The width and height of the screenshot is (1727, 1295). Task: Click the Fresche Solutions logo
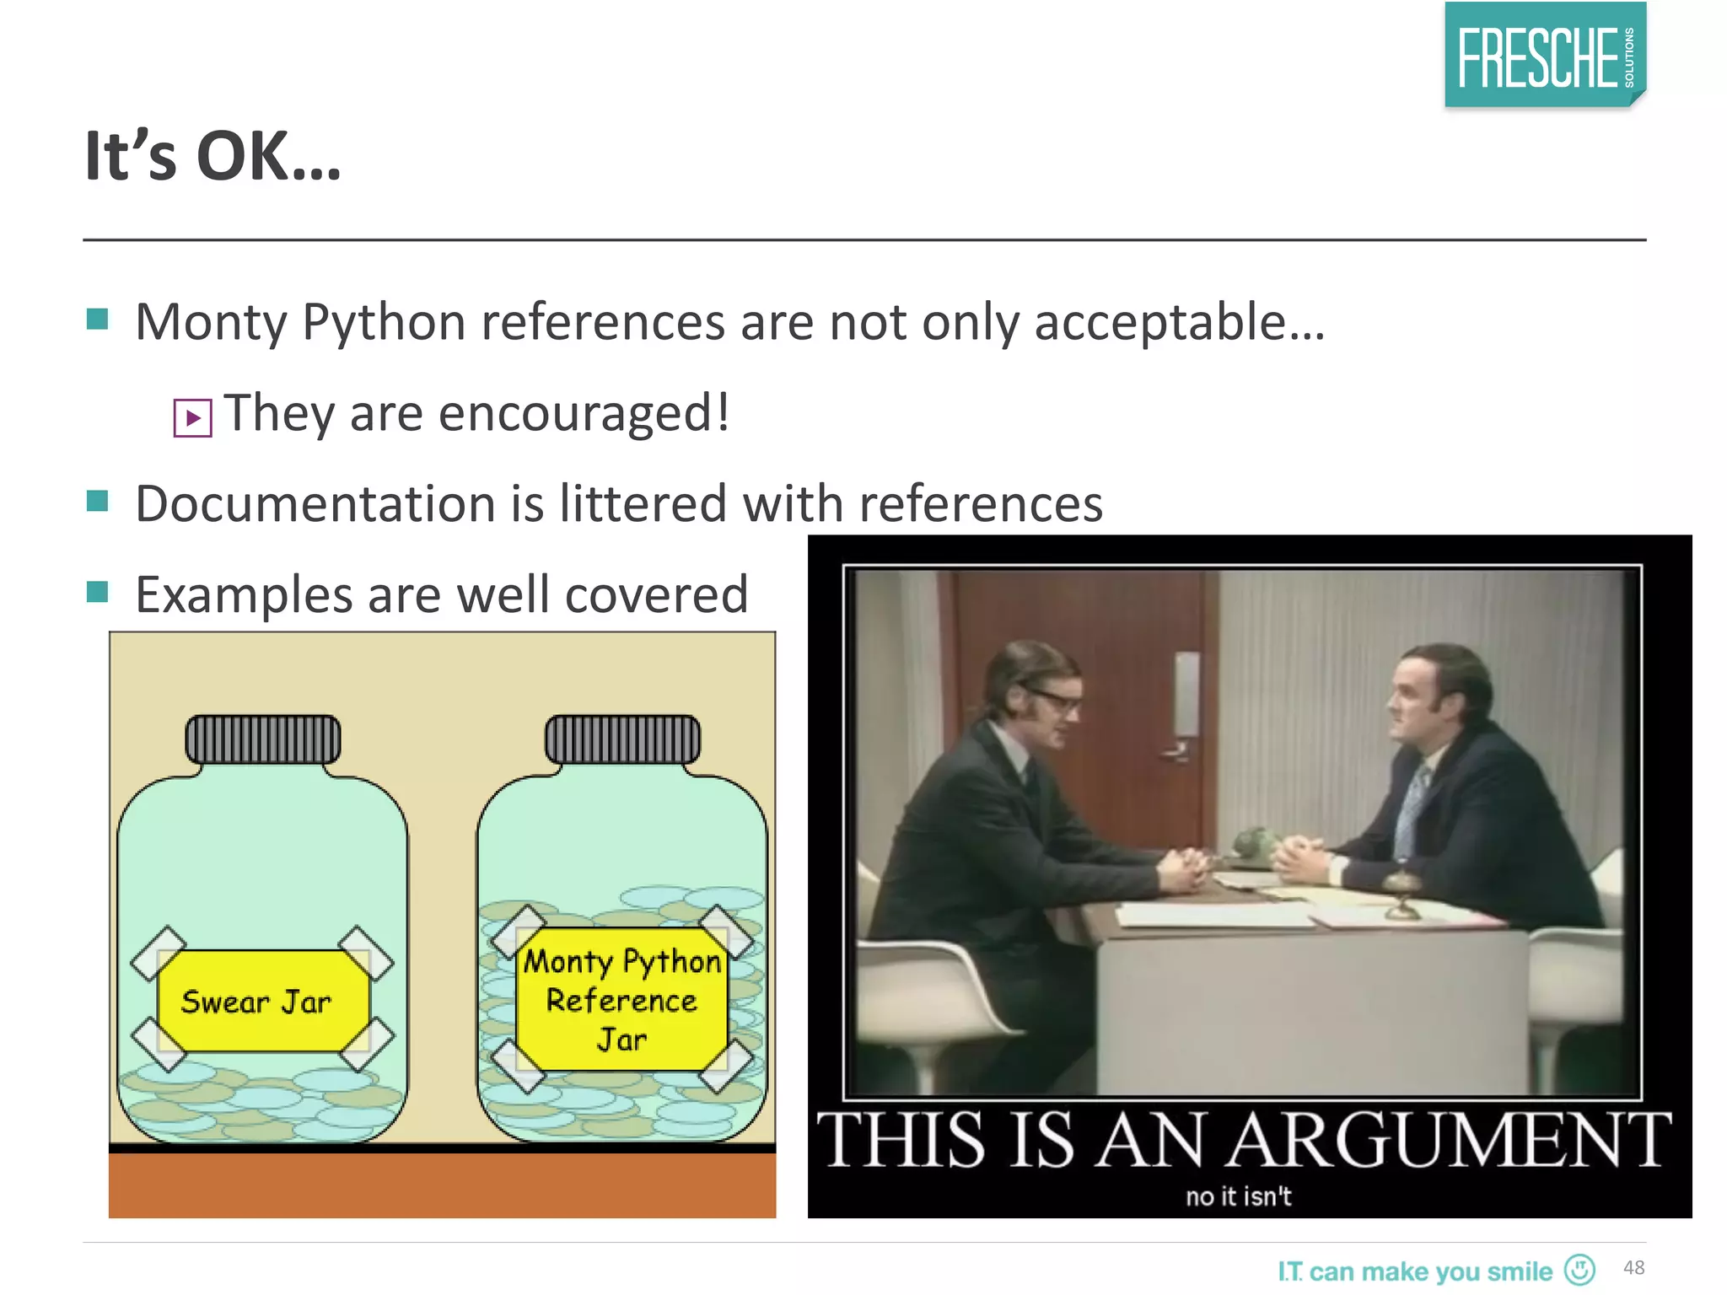click(1545, 56)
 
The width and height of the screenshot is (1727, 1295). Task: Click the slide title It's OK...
click(213, 157)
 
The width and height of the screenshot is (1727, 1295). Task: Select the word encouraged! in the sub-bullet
click(584, 413)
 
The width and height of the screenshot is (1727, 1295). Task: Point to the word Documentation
click(315, 504)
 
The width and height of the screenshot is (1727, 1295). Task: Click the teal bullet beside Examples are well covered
click(98, 593)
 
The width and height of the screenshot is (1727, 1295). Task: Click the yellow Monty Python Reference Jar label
click(622, 1000)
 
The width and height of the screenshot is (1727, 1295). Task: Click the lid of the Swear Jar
click(263, 739)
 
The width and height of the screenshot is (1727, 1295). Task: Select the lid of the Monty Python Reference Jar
click(622, 739)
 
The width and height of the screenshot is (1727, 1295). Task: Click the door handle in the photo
click(1175, 750)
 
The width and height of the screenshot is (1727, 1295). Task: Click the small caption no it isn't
click(1238, 1196)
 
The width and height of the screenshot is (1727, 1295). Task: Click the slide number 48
click(1633, 1268)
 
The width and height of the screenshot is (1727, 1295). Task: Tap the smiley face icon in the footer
click(1579, 1269)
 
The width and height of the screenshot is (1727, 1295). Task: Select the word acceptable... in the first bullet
click(1179, 323)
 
